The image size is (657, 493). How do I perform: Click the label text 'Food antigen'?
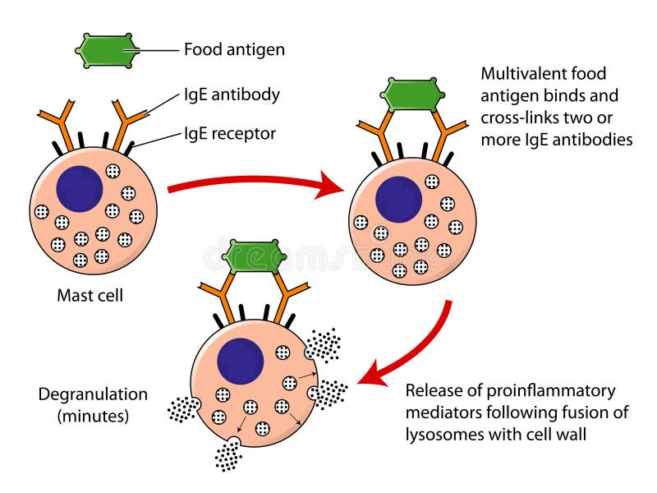coord(234,50)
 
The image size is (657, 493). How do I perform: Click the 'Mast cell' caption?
coord(90,295)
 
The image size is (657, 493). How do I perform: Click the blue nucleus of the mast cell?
coord(80,188)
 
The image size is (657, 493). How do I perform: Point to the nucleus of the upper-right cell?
coord(399,200)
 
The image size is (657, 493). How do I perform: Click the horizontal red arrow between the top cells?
coord(255,187)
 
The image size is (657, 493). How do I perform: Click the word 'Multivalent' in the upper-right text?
coord(521,74)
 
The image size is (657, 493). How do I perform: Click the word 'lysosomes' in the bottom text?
coord(442,435)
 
